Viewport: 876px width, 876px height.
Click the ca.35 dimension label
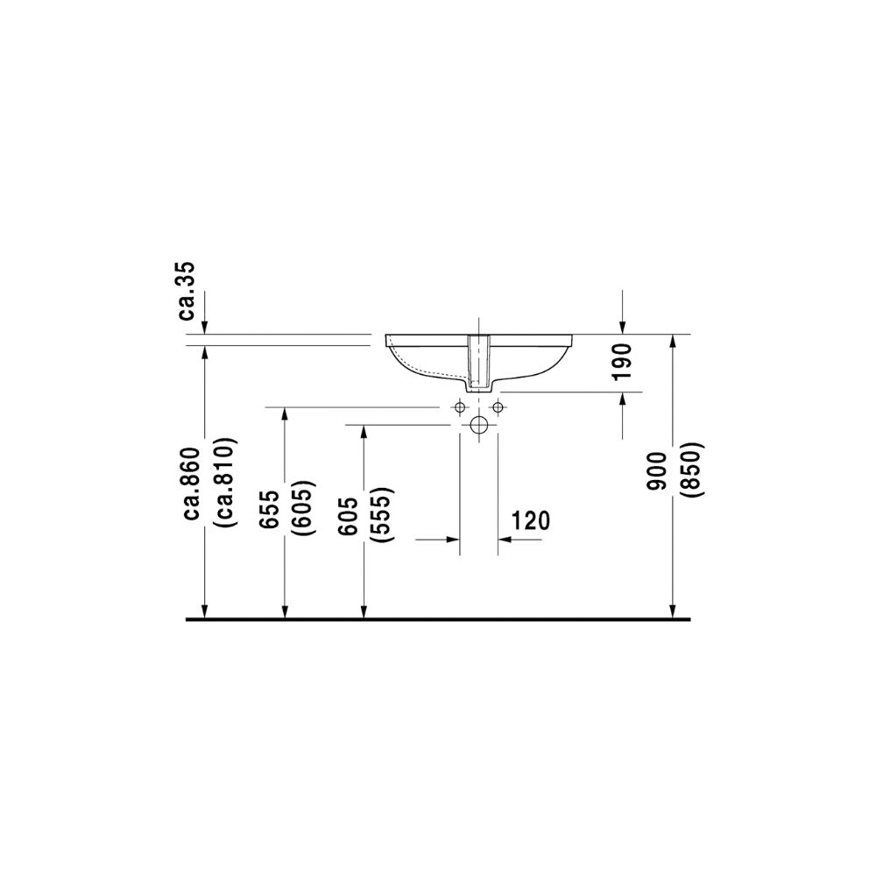coord(187,291)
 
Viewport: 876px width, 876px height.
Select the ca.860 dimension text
coord(192,492)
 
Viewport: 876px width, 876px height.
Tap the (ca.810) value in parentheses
coord(226,482)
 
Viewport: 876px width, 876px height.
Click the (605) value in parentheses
coord(305,508)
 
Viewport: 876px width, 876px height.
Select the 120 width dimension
coord(531,520)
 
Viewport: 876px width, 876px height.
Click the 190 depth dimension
coord(622,362)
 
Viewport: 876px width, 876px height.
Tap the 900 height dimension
coord(655,471)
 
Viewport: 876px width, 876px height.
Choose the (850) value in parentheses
coord(693,470)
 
